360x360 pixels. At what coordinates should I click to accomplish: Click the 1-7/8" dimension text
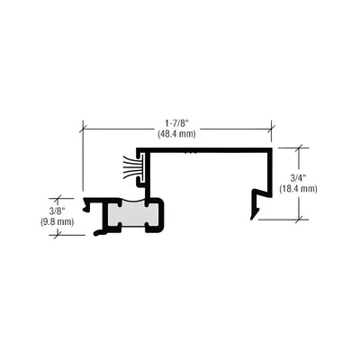[177, 123]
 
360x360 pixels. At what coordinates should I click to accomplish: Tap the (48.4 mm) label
[177, 134]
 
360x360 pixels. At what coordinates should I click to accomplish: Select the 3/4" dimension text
[298, 178]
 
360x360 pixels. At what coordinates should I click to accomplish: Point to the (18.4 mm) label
[298, 189]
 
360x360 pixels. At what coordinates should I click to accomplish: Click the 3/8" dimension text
[57, 211]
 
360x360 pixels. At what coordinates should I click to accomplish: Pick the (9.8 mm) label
[57, 222]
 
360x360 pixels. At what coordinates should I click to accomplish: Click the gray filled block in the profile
[132, 213]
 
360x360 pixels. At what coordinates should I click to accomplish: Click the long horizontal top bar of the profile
[204, 150]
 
